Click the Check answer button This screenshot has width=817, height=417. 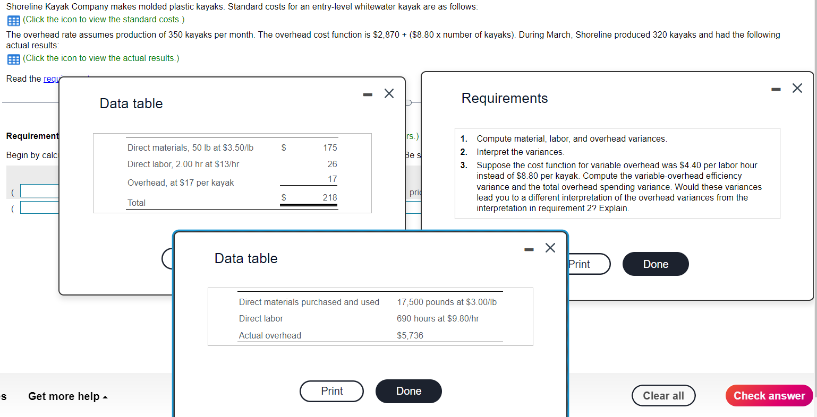tap(769, 396)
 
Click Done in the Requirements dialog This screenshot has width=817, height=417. tap(655, 264)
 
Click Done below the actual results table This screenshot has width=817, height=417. tap(408, 391)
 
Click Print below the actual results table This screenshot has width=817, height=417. tap(331, 391)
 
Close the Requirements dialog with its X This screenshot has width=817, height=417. tap(797, 88)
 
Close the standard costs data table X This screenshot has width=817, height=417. tap(389, 94)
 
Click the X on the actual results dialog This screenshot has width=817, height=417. tap(550, 248)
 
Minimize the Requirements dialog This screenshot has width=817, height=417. tap(776, 89)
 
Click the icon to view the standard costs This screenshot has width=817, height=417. tap(14, 20)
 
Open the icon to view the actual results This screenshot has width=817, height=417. tap(14, 59)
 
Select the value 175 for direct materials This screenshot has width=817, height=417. tap(329, 147)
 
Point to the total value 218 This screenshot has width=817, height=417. tap(329, 197)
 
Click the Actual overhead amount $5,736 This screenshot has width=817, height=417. tap(410, 335)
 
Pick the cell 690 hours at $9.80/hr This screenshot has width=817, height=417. tap(438, 318)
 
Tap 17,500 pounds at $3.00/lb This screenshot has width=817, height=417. tap(446, 302)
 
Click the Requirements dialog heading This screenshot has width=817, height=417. tap(504, 98)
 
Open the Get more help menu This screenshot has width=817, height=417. tap(67, 396)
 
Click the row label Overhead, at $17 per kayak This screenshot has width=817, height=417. tap(181, 183)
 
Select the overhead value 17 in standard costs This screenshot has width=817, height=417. tap(332, 179)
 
